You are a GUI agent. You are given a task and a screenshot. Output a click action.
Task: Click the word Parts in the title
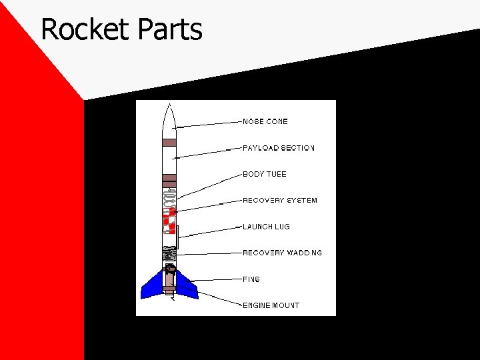point(171,30)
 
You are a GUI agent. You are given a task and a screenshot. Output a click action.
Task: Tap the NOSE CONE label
point(265,122)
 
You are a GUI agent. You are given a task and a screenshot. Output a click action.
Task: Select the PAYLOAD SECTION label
point(278,148)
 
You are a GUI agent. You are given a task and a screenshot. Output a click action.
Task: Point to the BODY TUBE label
point(265,174)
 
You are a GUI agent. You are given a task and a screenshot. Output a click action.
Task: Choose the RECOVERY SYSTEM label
point(280,201)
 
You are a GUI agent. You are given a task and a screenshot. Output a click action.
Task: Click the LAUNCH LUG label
point(267,227)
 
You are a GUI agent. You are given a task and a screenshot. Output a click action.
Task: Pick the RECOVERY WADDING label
point(282,253)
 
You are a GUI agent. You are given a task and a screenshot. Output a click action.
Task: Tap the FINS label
point(251,279)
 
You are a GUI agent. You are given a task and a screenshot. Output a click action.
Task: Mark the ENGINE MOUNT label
point(271,305)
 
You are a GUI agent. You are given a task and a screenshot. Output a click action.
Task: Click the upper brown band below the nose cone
point(169,142)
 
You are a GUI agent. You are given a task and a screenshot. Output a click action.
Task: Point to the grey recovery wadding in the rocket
point(169,253)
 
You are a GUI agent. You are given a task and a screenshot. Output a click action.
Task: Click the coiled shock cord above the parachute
point(169,198)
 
